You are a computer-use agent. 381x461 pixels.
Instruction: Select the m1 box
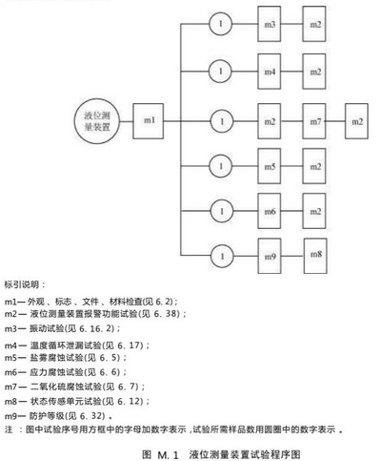[149, 121]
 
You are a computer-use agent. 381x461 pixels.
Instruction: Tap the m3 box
[270, 24]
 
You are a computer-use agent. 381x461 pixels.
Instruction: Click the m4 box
[270, 72]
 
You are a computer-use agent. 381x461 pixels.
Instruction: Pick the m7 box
[314, 121]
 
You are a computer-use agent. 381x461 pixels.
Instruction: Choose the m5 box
[270, 166]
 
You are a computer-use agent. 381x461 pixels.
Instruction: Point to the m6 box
[270, 211]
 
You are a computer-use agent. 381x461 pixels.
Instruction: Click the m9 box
[270, 256]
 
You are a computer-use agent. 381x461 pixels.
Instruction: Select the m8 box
[315, 256]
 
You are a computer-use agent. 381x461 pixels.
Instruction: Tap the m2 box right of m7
[357, 121]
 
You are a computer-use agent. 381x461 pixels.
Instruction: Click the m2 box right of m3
[314, 24]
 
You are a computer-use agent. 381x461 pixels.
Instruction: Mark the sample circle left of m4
[220, 72]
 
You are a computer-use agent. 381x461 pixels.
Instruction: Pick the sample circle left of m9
[222, 256]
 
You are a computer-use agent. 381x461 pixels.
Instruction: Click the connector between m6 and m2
[291, 211]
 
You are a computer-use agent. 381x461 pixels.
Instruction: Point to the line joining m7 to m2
[335, 121]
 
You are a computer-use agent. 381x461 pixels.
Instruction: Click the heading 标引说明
[25, 284]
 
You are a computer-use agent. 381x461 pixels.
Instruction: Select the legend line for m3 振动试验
[62, 328]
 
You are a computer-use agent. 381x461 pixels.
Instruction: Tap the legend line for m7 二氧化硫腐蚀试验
[75, 387]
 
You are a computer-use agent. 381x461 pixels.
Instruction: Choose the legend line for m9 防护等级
[58, 416]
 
